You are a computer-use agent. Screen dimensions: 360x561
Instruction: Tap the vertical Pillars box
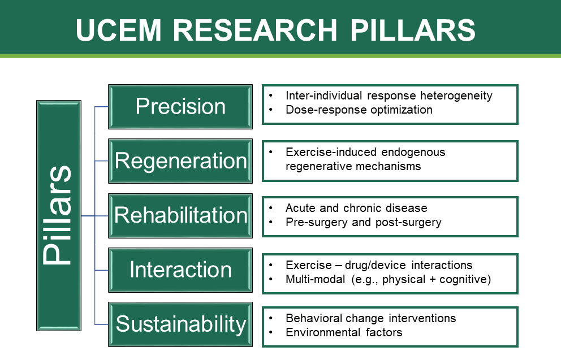(58, 215)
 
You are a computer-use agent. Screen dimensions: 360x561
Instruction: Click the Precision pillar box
(180, 106)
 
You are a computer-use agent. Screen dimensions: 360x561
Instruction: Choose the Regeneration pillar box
(180, 161)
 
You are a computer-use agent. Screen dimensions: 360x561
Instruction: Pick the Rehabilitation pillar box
(180, 215)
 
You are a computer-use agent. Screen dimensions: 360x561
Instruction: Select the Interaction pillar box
(180, 270)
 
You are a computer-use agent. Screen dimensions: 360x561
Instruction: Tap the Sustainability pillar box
(180, 324)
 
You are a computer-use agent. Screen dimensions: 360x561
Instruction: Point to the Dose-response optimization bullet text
(359, 110)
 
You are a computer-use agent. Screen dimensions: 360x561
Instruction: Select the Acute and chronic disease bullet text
(356, 208)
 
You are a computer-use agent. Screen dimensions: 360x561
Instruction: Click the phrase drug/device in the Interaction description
(383, 265)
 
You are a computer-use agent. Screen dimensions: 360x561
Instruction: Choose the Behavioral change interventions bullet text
(370, 318)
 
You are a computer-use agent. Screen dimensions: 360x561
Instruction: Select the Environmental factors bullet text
(344, 332)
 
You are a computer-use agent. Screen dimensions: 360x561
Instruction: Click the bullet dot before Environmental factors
(272, 332)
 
